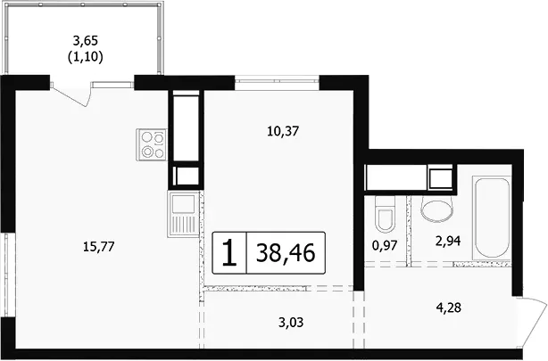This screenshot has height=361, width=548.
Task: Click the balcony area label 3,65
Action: click(86, 41)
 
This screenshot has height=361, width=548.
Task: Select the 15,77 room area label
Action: click(99, 247)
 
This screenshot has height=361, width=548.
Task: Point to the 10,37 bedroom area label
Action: click(283, 131)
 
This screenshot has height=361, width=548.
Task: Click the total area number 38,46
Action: click(286, 253)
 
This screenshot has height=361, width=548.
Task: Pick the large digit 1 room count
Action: click(229, 253)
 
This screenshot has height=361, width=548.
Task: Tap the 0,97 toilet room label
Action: click(385, 245)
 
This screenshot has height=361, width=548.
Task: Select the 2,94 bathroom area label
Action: click(448, 241)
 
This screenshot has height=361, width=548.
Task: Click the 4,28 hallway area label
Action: click(448, 308)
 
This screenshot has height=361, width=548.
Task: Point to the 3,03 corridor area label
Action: click(291, 323)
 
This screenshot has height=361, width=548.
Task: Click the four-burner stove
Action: click(152, 144)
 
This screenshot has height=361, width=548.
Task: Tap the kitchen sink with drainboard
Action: click(183, 214)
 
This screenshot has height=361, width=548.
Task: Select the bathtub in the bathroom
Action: click(492, 217)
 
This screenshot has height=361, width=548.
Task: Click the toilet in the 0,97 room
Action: click(385, 214)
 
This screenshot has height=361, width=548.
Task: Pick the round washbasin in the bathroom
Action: click(437, 209)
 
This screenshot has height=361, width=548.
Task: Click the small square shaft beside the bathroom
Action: click(440, 179)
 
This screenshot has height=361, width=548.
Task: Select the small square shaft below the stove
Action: click(186, 176)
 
